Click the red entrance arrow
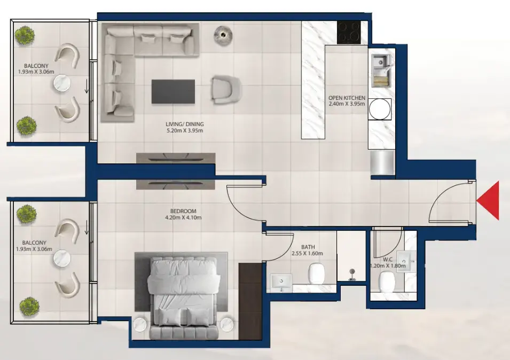[490, 201]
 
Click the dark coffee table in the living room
[174, 91]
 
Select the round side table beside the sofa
[224, 34]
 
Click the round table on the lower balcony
[61, 259]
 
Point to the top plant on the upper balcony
[25, 36]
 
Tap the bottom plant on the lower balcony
[26, 307]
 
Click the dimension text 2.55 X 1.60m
[307, 254]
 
